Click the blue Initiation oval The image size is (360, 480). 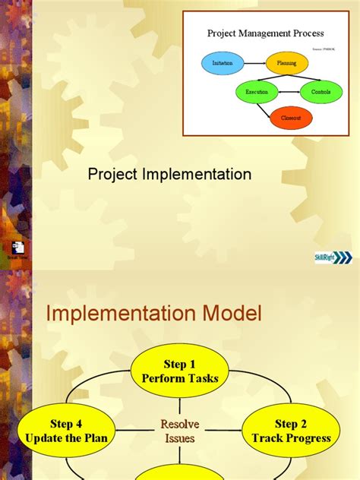[x=223, y=62]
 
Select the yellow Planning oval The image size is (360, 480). [x=286, y=62]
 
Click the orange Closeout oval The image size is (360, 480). [x=291, y=118]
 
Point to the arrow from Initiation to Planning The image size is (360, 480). [x=254, y=62]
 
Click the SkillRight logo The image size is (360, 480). [x=333, y=258]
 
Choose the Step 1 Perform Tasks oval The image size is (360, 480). [x=180, y=371]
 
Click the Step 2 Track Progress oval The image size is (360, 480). [x=292, y=431]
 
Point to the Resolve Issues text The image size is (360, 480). [x=179, y=431]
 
